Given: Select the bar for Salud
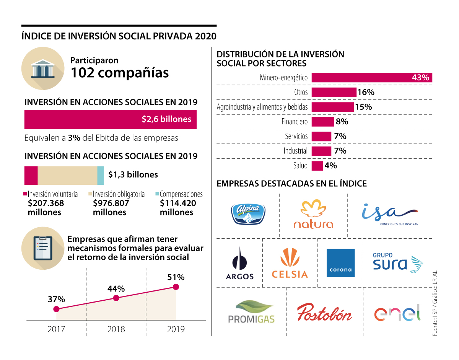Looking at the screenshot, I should [317, 166].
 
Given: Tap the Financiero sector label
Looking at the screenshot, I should [295, 122].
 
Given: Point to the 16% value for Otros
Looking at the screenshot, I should [366, 92].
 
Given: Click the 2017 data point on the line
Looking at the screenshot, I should [56, 309].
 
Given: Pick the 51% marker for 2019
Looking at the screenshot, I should [176, 287].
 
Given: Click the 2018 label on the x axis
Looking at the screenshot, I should [116, 329].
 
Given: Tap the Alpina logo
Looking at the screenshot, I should [248, 214].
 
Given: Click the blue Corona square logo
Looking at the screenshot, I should [340, 263].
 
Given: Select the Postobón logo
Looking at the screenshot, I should [324, 313].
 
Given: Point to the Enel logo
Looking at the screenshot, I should [397, 314].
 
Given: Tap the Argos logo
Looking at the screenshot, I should [240, 264].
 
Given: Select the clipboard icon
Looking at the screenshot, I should [43, 248].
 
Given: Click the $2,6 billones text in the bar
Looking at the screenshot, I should [166, 119].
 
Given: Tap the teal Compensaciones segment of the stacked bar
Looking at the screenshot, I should [101, 175].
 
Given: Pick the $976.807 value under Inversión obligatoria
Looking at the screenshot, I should [111, 203].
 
